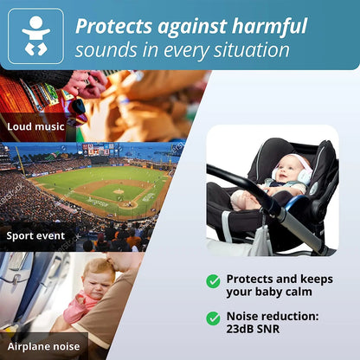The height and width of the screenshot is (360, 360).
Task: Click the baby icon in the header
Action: coord(35,36)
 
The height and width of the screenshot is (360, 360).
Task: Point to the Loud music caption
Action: coord(37,126)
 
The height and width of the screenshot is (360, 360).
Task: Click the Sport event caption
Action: coord(36,235)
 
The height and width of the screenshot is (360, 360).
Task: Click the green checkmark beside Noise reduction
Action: coord(213,317)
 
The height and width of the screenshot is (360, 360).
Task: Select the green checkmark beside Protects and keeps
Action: coord(213,280)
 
